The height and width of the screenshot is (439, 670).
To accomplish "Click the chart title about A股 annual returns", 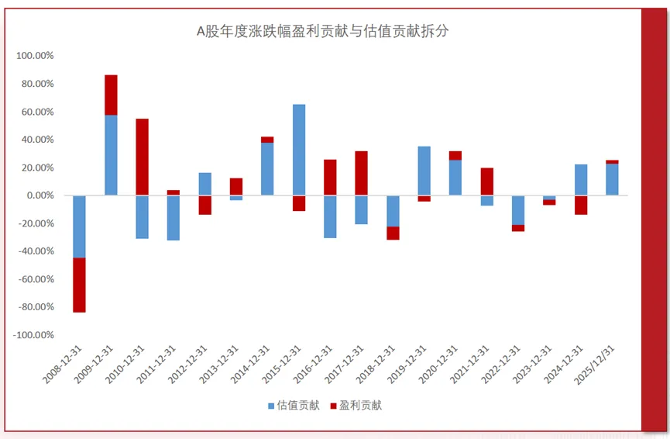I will coord(323,32).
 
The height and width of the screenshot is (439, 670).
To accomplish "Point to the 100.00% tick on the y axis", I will coord(34,56).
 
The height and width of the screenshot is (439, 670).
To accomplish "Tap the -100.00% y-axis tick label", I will coord(33,335).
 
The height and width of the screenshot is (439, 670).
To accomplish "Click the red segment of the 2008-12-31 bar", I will coord(80,285).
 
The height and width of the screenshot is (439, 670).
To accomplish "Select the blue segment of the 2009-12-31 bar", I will coord(112,155).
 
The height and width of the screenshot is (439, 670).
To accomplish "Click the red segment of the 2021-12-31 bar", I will coord(487,181).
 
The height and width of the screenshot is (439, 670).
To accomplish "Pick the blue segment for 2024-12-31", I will coord(581,180).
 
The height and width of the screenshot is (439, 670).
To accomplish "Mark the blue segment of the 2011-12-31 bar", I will coord(174,218).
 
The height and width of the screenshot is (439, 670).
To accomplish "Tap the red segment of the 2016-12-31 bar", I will coord(330,178).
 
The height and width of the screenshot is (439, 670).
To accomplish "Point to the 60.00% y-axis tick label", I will coord(36,112).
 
